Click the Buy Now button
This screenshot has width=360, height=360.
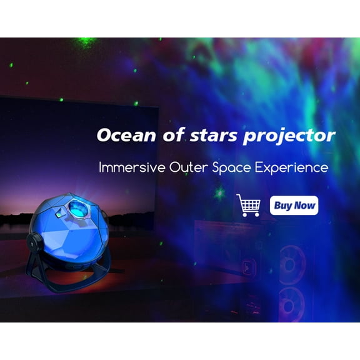294,205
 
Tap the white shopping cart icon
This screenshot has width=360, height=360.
248,205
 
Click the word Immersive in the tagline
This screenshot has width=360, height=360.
127,167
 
